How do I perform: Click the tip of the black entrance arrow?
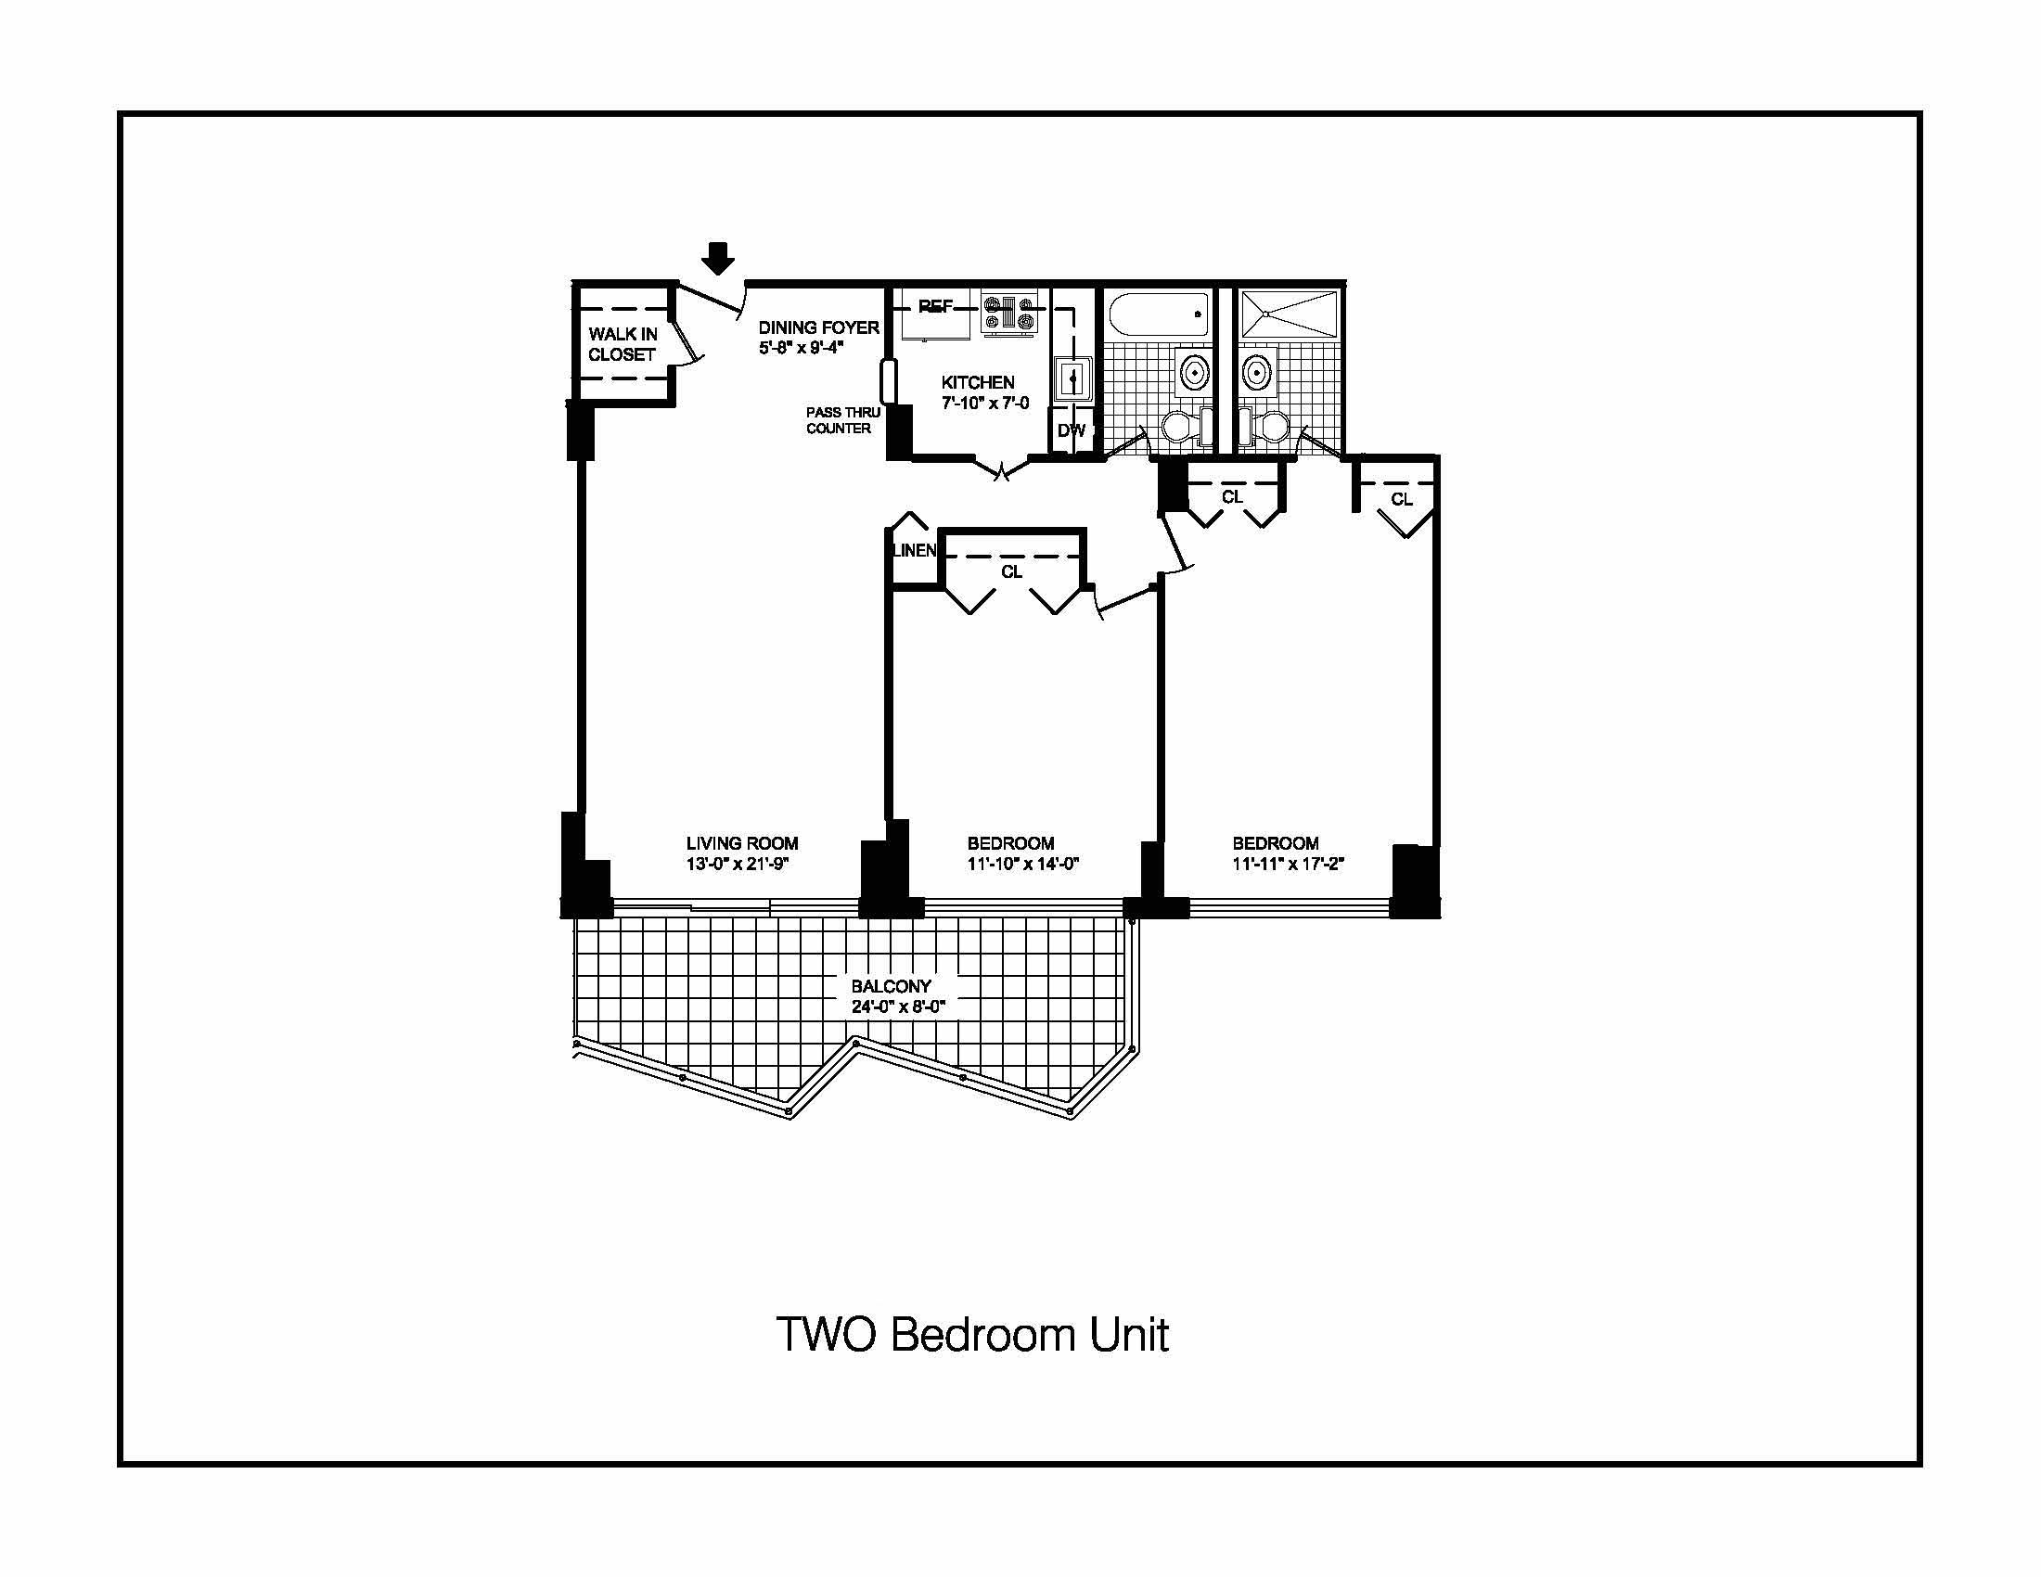718,276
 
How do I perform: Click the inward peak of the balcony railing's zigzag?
855,1041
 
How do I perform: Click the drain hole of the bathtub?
1197,314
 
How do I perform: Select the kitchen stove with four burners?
1009,312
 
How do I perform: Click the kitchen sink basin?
1072,379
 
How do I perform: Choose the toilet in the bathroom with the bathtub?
1182,427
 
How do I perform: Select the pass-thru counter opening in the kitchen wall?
887,380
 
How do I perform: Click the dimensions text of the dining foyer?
801,349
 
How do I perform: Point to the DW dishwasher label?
1071,430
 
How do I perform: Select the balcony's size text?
898,1007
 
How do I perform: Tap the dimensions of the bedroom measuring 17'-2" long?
1288,865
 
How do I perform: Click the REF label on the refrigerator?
935,305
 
